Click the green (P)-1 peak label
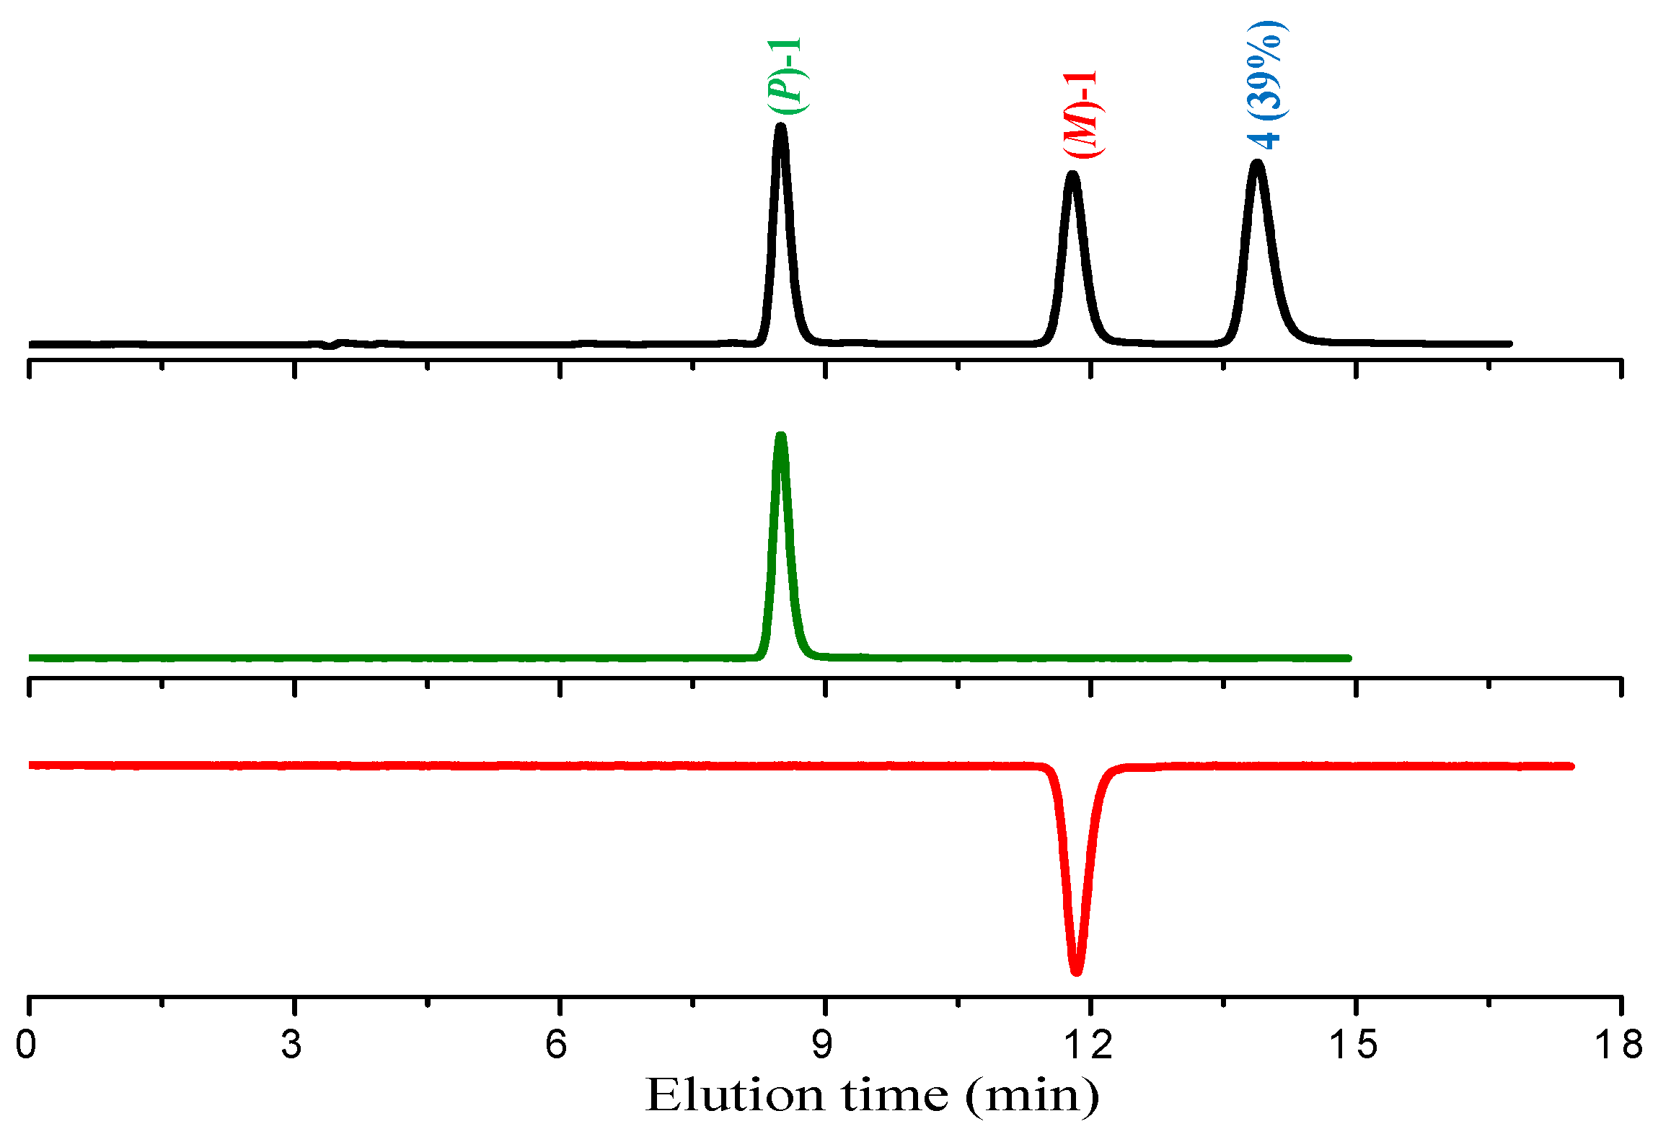[x=785, y=76]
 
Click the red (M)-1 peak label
[x=1081, y=114]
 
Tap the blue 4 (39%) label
[x=1267, y=85]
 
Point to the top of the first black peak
[x=780, y=128]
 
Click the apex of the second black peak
[x=1072, y=175]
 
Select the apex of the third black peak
[x=1257, y=164]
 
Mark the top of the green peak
[x=780, y=436]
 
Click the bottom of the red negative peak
[x=1076, y=971]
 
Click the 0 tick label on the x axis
[x=27, y=1045]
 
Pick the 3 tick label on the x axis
[x=292, y=1045]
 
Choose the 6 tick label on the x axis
[x=557, y=1045]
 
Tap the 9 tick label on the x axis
[x=823, y=1045]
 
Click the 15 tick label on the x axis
[x=1354, y=1045]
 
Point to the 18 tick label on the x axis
[x=1620, y=1045]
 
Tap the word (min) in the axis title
[x=1033, y=1097]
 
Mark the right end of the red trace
[x=1570, y=766]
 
